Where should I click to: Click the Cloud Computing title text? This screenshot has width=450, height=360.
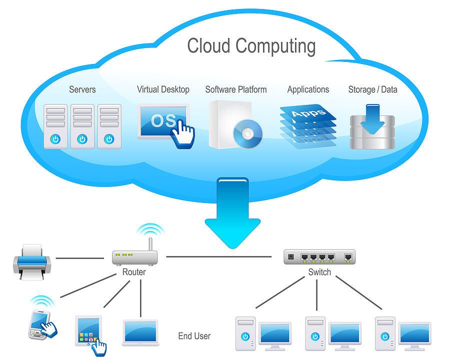[251, 46]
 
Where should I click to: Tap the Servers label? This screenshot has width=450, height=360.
[82, 90]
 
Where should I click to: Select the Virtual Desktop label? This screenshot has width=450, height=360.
[163, 90]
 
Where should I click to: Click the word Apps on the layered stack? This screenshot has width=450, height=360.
[307, 113]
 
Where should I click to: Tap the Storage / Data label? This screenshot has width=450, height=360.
[372, 90]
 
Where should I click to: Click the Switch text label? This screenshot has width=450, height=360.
[319, 272]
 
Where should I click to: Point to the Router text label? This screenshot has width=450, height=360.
[134, 272]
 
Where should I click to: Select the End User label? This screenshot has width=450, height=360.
[194, 336]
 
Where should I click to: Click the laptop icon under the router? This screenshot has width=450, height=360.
[140, 332]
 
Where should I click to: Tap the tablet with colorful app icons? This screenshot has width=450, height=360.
[88, 331]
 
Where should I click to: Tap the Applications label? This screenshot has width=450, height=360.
[308, 90]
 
